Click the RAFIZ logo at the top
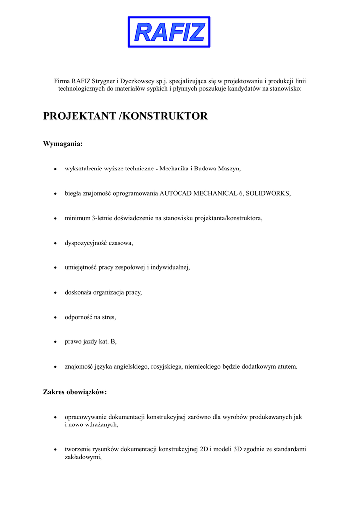tap(169, 32)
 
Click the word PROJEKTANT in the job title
tap(80, 116)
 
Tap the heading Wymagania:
tap(63, 144)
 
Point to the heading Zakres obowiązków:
tap(75, 392)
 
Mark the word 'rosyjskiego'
tap(167, 367)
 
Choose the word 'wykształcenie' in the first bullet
tap(83, 169)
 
